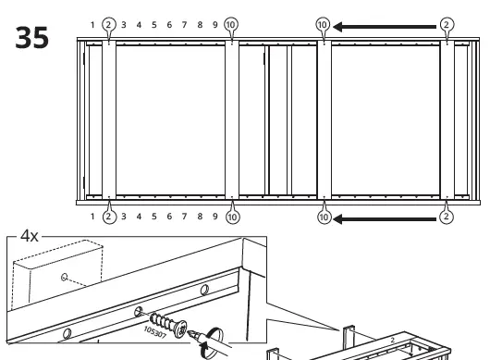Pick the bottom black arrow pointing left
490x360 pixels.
(x=386, y=217)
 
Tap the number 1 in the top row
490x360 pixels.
(x=93, y=23)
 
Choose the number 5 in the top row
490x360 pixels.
(x=153, y=23)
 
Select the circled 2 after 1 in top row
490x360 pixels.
(x=108, y=23)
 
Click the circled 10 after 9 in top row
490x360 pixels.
(x=231, y=23)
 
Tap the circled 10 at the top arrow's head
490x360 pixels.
(x=323, y=24)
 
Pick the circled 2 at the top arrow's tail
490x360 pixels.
(x=447, y=24)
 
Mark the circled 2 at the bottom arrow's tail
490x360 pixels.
(x=447, y=217)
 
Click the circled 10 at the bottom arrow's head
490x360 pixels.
(x=323, y=217)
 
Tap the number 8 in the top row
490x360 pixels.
(x=199, y=23)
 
